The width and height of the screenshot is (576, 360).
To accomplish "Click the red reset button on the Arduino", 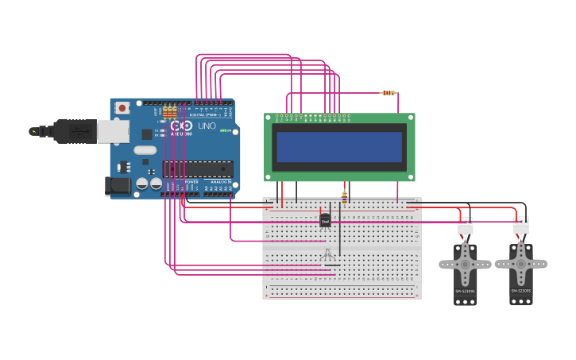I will coord(122,107).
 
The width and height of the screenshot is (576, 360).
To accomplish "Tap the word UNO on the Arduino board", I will coord(207,126).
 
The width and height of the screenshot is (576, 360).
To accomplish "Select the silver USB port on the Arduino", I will coord(113,131).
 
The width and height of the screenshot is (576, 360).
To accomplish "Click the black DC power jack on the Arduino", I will coord(117,186).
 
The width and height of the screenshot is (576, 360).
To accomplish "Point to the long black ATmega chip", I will coord(198,168).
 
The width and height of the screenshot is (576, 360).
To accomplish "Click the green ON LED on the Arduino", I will coord(226,130).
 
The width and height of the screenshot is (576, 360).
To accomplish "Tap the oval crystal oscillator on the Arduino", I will coord(145,150).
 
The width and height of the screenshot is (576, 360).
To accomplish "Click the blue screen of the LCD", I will coord(339,147).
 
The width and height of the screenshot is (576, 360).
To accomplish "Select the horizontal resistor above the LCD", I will coord(389,93).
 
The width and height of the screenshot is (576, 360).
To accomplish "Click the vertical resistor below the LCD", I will coord(344,194).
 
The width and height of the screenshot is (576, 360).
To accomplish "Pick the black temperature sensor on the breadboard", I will coord(325,220).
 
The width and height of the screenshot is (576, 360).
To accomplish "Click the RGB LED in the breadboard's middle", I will coord(327,254).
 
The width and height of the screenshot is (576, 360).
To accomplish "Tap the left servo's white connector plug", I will coord(465,227).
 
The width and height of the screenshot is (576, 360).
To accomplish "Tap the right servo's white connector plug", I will coord(521,226).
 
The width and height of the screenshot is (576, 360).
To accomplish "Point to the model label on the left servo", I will coord(466,292).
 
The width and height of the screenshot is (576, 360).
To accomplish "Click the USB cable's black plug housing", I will coord(75,131).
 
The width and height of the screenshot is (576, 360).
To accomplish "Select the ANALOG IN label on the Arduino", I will coord(219,182).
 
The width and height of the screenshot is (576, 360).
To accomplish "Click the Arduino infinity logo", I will coord(181,126).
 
